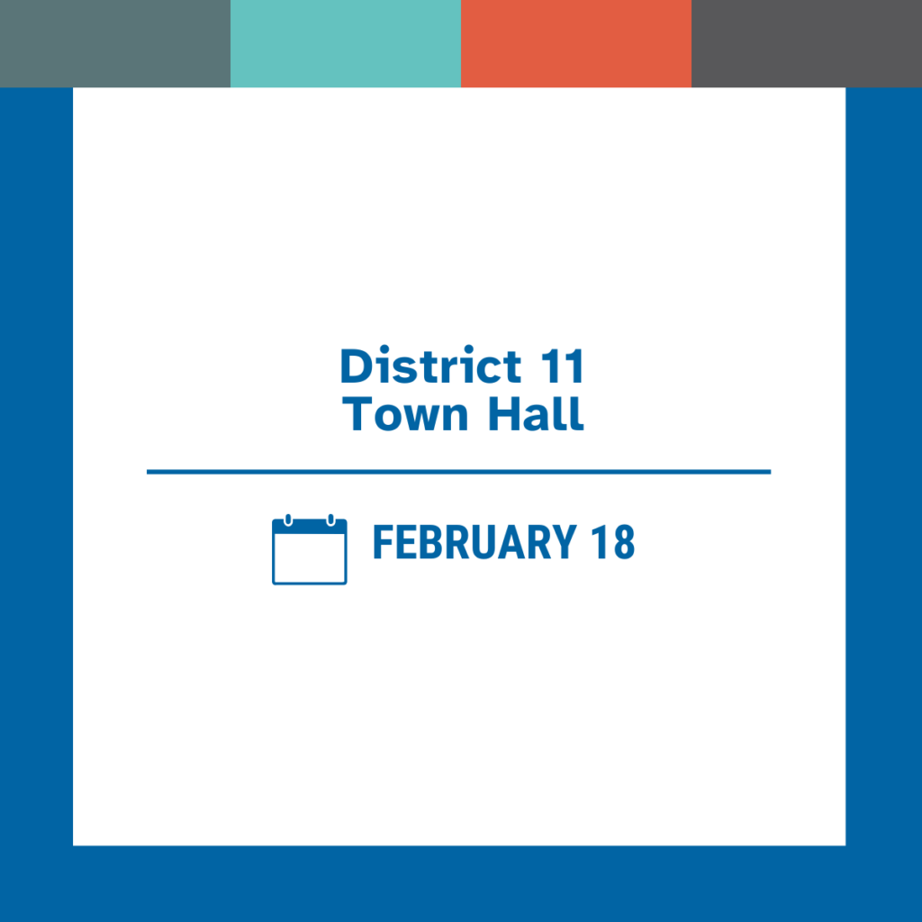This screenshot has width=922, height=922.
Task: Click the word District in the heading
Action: [430, 366]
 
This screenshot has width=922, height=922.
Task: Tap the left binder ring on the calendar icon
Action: [288, 520]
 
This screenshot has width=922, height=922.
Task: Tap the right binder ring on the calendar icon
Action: [330, 520]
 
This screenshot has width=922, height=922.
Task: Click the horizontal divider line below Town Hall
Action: [458, 471]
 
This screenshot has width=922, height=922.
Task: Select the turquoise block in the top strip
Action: [346, 43]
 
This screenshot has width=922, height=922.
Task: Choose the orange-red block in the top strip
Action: [576, 43]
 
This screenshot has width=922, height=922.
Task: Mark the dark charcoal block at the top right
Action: [807, 43]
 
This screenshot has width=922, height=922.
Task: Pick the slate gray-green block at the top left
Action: [115, 43]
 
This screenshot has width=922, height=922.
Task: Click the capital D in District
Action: [355, 367]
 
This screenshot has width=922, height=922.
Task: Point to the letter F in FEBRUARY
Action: [382, 543]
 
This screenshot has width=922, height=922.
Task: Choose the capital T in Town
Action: [358, 414]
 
